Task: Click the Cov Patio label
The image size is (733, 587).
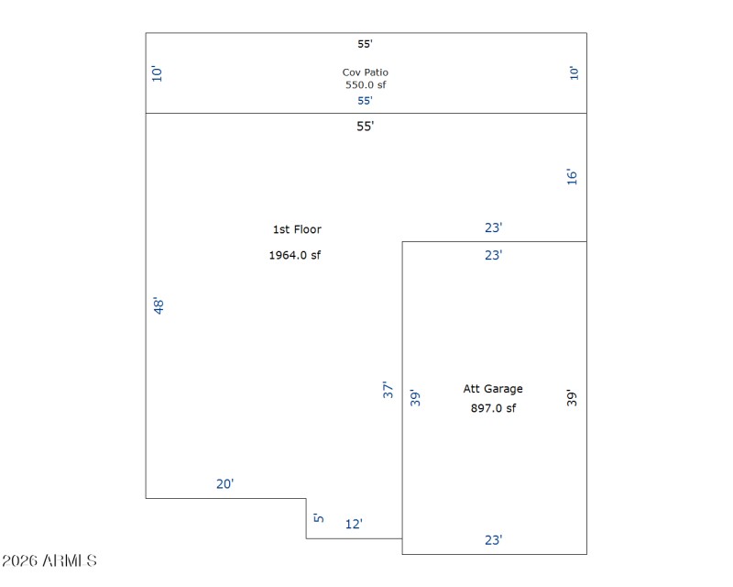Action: pos(365,72)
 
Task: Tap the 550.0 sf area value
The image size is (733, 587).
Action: pos(366,84)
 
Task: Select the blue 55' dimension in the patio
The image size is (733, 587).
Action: pos(365,100)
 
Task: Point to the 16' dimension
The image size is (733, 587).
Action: pos(572,176)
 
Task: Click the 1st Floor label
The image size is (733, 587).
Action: pos(297,229)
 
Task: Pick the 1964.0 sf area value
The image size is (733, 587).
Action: pos(295,255)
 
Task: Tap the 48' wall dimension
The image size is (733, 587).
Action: pos(159,305)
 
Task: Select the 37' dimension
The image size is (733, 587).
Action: pos(388,390)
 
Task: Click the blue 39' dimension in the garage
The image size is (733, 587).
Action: pos(415,398)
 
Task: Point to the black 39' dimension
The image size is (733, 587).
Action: pos(572,398)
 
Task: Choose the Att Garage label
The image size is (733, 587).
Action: pos(493,389)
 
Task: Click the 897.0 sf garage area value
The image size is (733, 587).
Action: pos(493,408)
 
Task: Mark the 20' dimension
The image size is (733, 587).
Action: pos(224,483)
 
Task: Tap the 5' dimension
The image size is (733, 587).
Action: pos(319,517)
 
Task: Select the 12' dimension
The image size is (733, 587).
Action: pos(354,524)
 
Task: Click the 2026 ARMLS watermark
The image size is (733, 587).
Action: pos(49,560)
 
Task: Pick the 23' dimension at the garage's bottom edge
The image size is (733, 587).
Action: pos(493,540)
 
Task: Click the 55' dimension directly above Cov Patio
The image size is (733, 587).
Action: pos(365,43)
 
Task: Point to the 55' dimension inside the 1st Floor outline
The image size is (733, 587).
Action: pos(365,127)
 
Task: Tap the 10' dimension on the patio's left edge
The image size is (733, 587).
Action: pos(157,74)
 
